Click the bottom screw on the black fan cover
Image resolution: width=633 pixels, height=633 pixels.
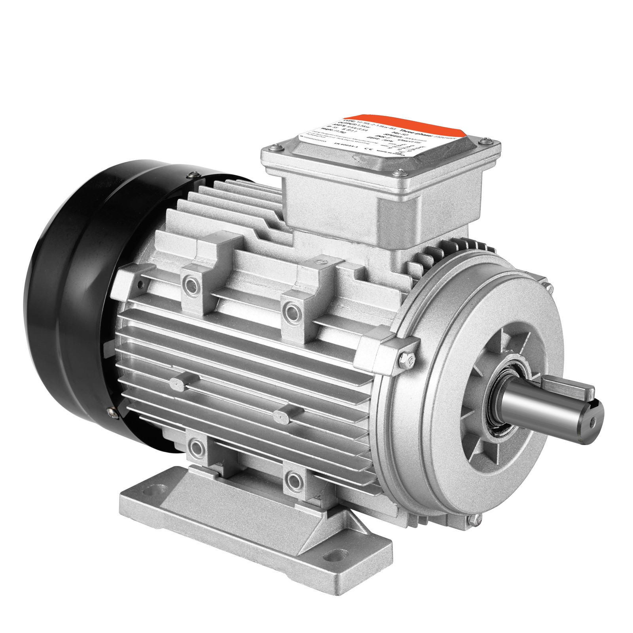click(114, 413)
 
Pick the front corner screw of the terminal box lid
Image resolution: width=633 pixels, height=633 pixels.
click(400, 172)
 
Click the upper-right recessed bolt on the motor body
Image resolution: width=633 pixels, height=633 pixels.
click(292, 308)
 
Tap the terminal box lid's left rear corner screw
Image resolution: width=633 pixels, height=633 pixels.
click(277, 147)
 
